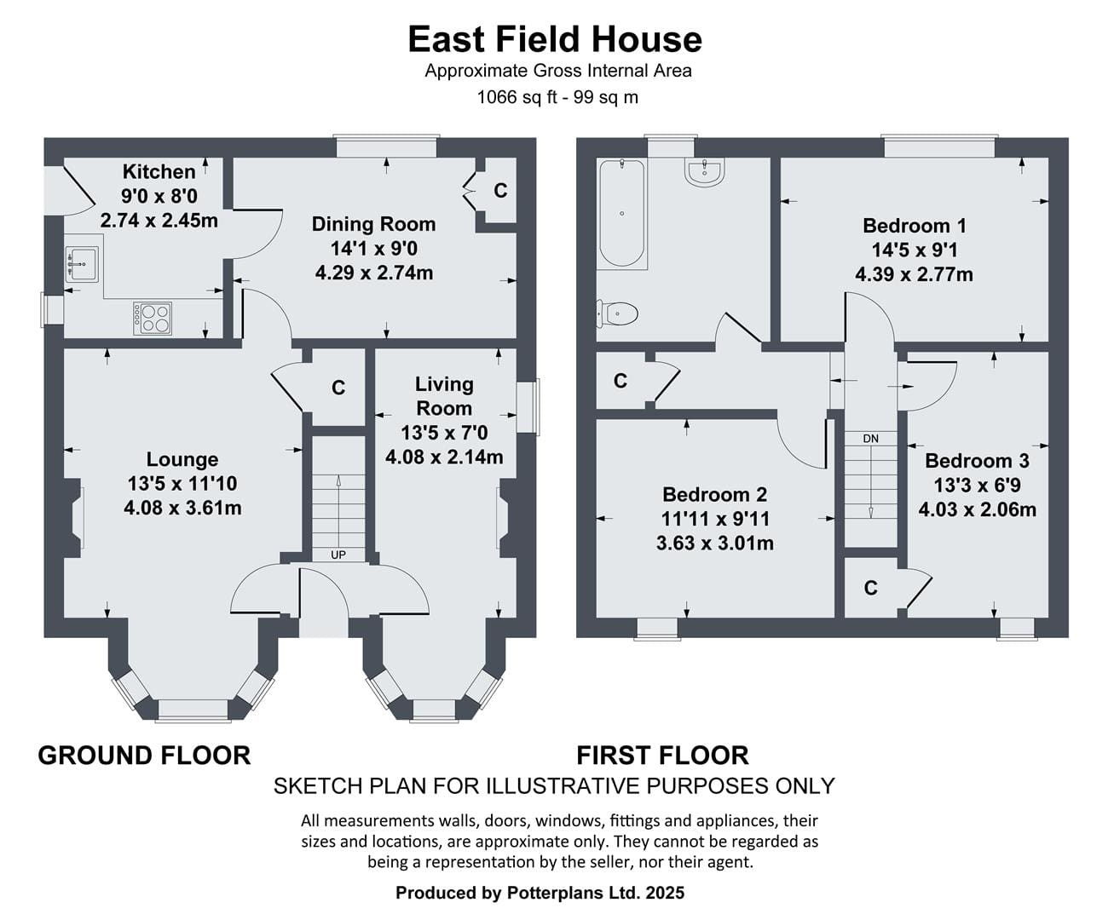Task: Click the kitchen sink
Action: pyautogui.click(x=82, y=263)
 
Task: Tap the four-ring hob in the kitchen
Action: pyautogui.click(x=153, y=319)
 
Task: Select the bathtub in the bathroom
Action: pyautogui.click(x=621, y=213)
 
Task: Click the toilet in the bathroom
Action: pyautogui.click(x=617, y=313)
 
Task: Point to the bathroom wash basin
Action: pyautogui.click(x=704, y=172)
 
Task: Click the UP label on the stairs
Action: pyautogui.click(x=338, y=555)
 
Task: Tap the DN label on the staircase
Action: pyautogui.click(x=870, y=439)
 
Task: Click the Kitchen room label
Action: pyautogui.click(x=159, y=172)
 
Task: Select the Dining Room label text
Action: pyautogui.click(x=373, y=224)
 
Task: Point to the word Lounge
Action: pyautogui.click(x=182, y=459)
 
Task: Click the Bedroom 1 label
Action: pyautogui.click(x=915, y=226)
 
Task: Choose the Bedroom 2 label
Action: pyautogui.click(x=715, y=494)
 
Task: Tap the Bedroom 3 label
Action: pyautogui.click(x=977, y=461)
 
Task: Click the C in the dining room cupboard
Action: pyautogui.click(x=500, y=191)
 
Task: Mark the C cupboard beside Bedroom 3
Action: pyautogui.click(x=871, y=588)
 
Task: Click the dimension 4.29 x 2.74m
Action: pyautogui.click(x=374, y=273)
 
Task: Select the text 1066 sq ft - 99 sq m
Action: pyautogui.click(x=557, y=97)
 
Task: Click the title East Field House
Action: pyautogui.click(x=555, y=39)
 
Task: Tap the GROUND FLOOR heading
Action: pyautogui.click(x=144, y=756)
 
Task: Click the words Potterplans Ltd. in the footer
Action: pyautogui.click(x=573, y=893)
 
